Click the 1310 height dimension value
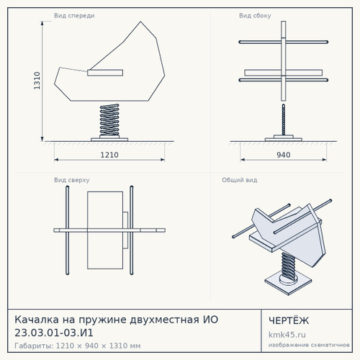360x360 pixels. pyautogui.click(x=37, y=81)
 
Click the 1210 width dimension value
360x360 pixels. pyautogui.click(x=109, y=155)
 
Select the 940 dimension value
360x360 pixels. pyautogui.click(x=284, y=155)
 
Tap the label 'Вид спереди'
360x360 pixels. pyautogui.click(x=74, y=16)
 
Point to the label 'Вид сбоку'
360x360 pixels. pyautogui.click(x=255, y=16)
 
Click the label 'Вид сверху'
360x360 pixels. pyautogui.click(x=72, y=180)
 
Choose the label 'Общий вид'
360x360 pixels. pyautogui.click(x=240, y=180)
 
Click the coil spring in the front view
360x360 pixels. pyautogui.click(x=109, y=120)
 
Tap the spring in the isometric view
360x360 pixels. pyautogui.click(x=289, y=266)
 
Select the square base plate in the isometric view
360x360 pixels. pyautogui.click(x=288, y=284)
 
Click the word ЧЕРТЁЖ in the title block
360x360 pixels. pyautogui.click(x=289, y=320)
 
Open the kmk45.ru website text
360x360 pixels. pyautogui.click(x=287, y=335)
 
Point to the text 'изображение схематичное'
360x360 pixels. pyautogui.click(x=309, y=345)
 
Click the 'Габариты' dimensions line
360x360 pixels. pyautogui.click(x=78, y=346)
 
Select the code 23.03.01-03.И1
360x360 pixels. pyautogui.click(x=54, y=333)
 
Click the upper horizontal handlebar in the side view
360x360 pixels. pyautogui.click(x=284, y=42)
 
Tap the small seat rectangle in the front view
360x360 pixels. pyautogui.click(x=105, y=73)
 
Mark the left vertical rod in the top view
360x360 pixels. pyautogui.click(x=68, y=230)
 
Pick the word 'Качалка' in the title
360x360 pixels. pyautogui.click(x=37, y=320)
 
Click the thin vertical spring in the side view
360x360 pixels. pyautogui.click(x=284, y=120)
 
